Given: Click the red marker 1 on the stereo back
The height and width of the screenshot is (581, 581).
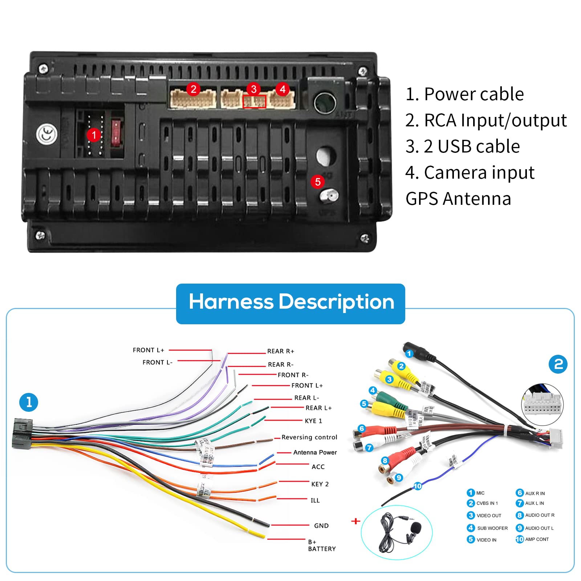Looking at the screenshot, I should point(94,135).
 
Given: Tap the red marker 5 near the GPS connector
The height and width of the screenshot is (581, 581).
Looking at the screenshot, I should point(318,182).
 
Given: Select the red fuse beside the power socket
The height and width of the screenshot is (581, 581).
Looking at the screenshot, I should point(115,133).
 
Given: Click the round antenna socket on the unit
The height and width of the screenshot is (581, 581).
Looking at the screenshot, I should point(325,102).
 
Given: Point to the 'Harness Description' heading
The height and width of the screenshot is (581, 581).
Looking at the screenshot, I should point(290,302).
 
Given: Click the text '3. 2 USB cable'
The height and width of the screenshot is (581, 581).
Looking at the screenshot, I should point(463,146).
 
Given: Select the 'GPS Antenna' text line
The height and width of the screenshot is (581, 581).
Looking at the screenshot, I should point(458,199).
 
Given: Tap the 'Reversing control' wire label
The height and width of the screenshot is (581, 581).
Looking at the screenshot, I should point(309,437).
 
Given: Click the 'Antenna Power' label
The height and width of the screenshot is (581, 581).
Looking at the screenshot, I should point(315,452).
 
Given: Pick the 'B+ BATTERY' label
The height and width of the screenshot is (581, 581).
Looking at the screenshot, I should point(321,545).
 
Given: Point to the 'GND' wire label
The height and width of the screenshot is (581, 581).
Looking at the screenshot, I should point(321,525).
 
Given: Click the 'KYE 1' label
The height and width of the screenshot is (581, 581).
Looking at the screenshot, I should point(313,421).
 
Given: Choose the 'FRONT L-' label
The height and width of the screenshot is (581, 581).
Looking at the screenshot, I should point(157,362).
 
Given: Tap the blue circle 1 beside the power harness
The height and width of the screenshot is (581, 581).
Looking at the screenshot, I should point(29,402).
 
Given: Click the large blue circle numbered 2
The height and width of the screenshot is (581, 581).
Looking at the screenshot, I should point(558,364).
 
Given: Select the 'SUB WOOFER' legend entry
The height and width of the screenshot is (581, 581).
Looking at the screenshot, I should point(492,528).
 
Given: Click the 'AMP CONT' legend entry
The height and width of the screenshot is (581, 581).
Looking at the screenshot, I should point(537,539).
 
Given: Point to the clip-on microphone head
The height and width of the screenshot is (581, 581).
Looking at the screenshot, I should point(415,527).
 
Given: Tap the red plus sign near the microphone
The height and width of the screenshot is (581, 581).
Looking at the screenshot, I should point(356,521).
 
